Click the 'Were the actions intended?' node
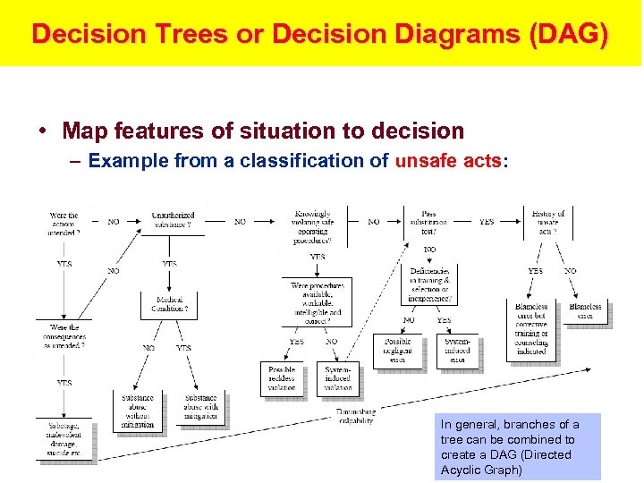tap(64, 223)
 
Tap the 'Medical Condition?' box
tap(170, 304)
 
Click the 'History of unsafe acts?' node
tap(547, 221)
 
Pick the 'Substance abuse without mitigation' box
tap(138, 411)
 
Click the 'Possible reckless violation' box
tap(281, 377)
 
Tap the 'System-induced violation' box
tap(337, 377)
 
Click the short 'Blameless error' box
tap(585, 311)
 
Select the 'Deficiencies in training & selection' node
tap(429, 284)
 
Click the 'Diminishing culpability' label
tap(356, 416)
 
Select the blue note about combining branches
tap(517, 446)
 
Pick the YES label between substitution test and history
tap(487, 222)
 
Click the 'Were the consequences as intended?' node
tap(64, 336)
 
